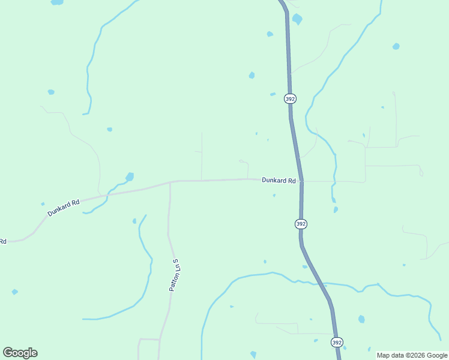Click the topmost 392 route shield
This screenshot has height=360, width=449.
290,98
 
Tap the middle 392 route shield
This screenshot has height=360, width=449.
301,224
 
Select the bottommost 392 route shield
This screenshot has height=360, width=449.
337,342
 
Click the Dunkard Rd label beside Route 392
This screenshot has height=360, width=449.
279,180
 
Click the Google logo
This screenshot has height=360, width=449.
20,353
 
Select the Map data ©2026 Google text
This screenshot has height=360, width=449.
412,355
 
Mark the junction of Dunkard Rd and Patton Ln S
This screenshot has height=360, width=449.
170,182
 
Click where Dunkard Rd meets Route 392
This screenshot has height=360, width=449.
301,180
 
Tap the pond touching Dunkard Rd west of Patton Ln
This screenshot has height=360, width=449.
129,177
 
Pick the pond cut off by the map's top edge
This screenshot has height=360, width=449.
57,2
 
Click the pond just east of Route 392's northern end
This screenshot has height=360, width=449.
297,19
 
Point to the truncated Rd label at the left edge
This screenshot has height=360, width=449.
3,241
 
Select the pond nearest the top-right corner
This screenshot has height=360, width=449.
396,46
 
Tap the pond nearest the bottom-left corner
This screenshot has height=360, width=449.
14,292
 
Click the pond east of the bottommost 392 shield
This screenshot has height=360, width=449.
361,319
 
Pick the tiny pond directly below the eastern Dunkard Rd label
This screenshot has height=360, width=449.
274,195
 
